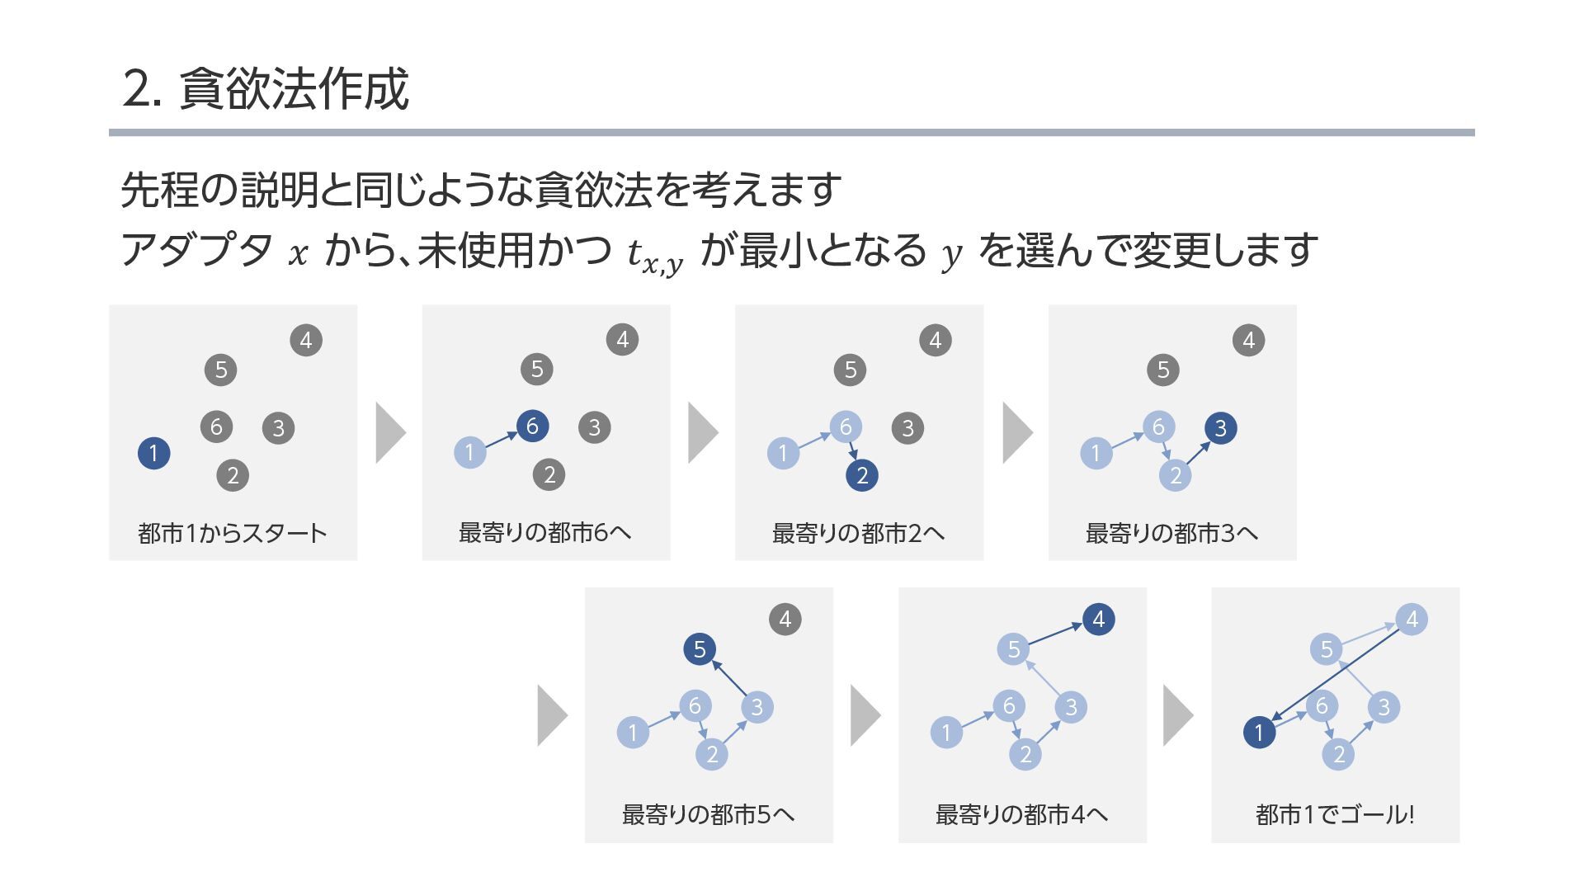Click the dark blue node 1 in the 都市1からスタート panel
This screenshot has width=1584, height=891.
pos(153,453)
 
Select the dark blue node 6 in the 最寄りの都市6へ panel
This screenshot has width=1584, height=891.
pos(532,426)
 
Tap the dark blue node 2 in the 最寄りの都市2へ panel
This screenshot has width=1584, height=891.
pos(861,475)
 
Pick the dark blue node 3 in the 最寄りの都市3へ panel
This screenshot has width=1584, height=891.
pos(1220,428)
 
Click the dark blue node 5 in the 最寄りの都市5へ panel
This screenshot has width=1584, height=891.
pos(700,649)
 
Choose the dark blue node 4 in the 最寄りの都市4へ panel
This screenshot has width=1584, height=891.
pos(1098,620)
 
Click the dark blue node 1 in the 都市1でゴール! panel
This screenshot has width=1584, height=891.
pos(1259,732)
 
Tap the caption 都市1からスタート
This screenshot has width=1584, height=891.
pos(233,534)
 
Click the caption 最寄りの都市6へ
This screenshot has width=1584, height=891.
pos(545,533)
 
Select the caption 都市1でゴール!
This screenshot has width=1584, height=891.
pos(1335,815)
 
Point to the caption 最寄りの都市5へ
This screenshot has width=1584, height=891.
pos(708,815)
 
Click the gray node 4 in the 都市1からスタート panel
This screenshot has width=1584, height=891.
pos(306,340)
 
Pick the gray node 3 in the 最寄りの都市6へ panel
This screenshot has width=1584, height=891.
pos(594,427)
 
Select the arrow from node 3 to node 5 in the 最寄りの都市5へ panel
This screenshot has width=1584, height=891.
pos(729,678)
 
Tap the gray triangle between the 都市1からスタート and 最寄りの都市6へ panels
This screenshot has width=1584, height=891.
pos(390,432)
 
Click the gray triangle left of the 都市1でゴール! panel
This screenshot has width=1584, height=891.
pos(1178,715)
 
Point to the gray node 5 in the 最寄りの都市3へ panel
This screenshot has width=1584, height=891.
pos(1162,370)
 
